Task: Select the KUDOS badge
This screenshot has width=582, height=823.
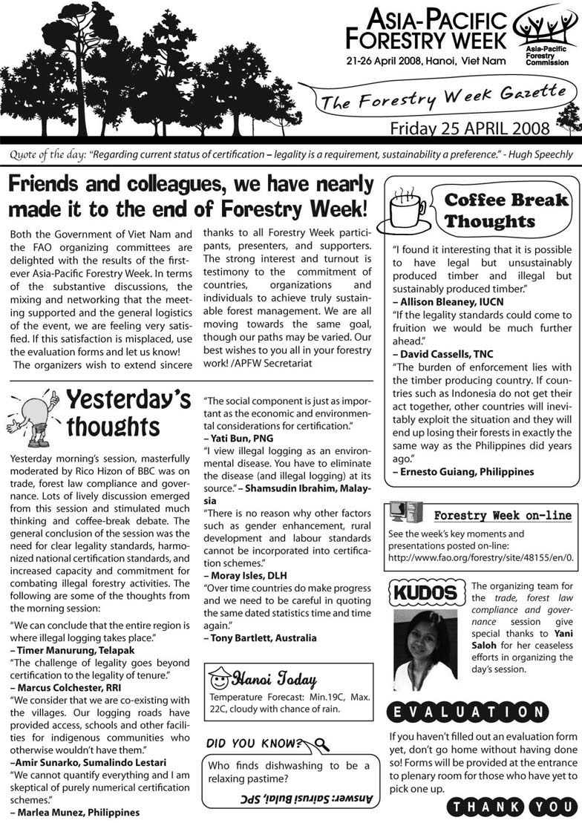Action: [425, 593]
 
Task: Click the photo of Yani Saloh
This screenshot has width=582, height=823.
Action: [424, 649]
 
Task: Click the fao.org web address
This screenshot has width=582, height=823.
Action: [475, 557]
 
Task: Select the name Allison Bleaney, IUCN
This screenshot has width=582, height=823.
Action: [442, 302]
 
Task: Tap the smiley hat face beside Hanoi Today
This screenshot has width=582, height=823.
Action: [219, 678]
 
